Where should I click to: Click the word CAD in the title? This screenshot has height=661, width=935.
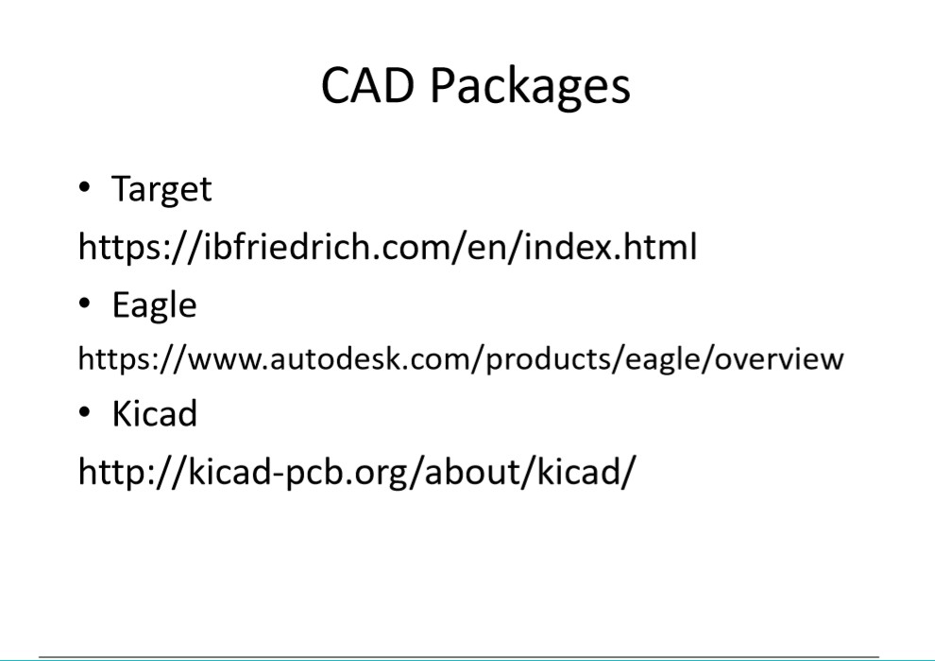pos(367,85)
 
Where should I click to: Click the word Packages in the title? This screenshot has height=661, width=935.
pos(530,88)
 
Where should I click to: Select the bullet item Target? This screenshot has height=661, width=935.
pos(161,190)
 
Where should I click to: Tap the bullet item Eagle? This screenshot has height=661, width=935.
pos(155,306)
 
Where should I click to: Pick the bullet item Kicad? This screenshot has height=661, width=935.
pos(155,413)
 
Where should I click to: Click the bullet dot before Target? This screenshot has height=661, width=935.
pos(84,187)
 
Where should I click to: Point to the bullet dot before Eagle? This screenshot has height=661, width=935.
pos(84,304)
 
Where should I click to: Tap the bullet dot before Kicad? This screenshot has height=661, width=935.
pos(84,411)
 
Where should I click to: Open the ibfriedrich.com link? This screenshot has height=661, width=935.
pos(387,247)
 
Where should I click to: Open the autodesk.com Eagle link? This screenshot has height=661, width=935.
pos(461,358)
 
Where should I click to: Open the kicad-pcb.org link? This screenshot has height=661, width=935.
pos(357,472)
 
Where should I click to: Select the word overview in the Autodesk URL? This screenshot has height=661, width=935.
pos(779,358)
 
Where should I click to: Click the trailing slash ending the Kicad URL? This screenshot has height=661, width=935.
pos(629,472)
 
